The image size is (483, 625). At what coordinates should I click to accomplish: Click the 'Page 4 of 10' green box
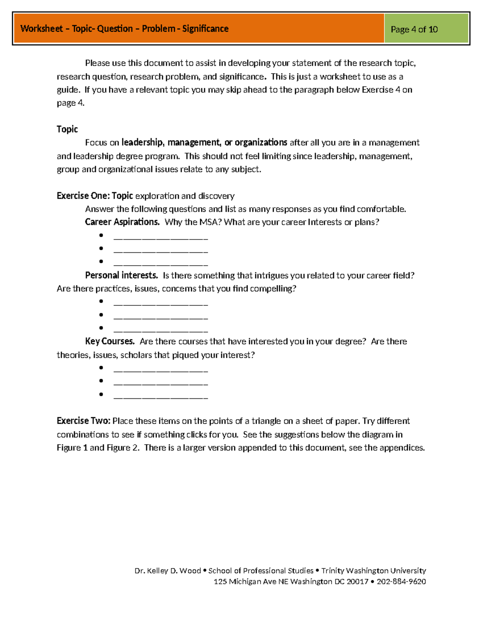pyautogui.click(x=426, y=29)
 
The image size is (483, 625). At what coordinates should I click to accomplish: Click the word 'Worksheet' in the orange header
pyautogui.click(x=42, y=29)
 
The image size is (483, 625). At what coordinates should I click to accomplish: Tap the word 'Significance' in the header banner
pyautogui.click(x=205, y=29)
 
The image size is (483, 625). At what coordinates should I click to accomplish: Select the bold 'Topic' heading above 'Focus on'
pyautogui.click(x=67, y=129)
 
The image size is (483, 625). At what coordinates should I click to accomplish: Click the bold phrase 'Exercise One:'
pyautogui.click(x=83, y=196)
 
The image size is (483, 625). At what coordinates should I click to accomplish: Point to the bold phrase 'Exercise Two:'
pyautogui.click(x=83, y=421)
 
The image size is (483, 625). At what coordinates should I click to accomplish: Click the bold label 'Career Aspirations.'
pyautogui.click(x=122, y=222)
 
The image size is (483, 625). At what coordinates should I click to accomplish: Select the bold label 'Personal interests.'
pyautogui.click(x=121, y=275)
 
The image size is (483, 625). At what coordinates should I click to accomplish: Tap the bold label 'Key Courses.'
pyautogui.click(x=109, y=341)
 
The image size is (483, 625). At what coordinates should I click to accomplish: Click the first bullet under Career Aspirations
pyautogui.click(x=101, y=235)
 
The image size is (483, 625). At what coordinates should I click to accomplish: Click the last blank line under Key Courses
pyautogui.click(x=161, y=397)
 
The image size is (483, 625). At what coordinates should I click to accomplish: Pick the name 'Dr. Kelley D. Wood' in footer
pyautogui.click(x=167, y=571)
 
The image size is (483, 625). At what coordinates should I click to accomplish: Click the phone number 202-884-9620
pyautogui.click(x=401, y=582)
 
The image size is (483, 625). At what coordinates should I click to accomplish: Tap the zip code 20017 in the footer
pyautogui.click(x=357, y=582)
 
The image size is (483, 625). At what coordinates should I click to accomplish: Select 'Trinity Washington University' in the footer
pyautogui.click(x=374, y=571)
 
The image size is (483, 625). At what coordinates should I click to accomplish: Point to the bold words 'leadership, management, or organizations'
pyautogui.click(x=204, y=142)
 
